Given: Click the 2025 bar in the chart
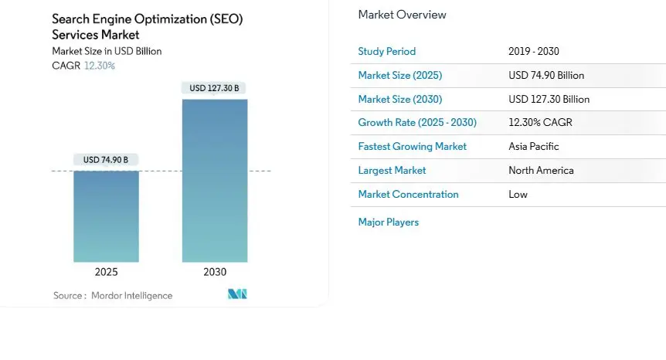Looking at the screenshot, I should (107, 216).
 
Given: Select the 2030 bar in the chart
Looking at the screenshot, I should (215, 181).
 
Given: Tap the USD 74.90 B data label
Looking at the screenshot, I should (107, 160).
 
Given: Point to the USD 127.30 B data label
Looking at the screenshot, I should (215, 88).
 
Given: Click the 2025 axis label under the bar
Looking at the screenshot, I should (107, 272).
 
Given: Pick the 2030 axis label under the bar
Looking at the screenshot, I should (215, 272).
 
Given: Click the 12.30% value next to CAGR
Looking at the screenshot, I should (100, 66).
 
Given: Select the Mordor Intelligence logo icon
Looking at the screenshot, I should (237, 294).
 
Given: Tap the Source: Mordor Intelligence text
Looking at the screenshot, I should (113, 295).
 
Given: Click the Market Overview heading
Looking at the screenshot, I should (402, 15).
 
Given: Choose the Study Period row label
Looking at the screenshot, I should (386, 51).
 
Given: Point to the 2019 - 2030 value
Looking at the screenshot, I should (534, 51).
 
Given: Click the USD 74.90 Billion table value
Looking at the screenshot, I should (546, 75).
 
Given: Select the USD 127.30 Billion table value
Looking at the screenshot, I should (549, 99).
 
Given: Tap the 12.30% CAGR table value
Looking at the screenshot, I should (540, 122).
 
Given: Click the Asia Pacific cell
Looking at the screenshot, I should (534, 146).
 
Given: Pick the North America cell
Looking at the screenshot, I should (541, 170).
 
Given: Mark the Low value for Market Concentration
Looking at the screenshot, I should (518, 194).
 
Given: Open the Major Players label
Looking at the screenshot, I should (388, 222).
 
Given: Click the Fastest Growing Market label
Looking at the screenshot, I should (412, 146).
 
